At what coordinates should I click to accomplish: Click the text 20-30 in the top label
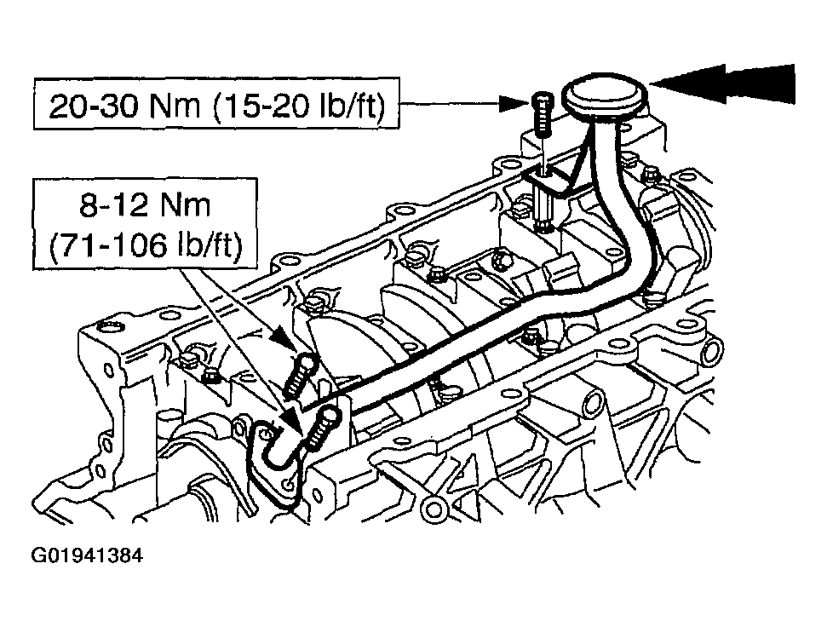tap(95, 106)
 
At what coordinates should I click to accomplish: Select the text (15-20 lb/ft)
tap(300, 106)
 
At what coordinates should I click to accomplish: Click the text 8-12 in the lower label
tap(112, 205)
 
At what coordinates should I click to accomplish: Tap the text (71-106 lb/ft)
tap(146, 244)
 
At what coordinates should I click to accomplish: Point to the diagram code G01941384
tap(87, 555)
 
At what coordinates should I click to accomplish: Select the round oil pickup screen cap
tap(606, 96)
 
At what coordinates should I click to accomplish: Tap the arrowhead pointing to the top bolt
tap(514, 104)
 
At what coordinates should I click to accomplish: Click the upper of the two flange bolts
tap(299, 375)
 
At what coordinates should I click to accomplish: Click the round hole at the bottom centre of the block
tap(434, 509)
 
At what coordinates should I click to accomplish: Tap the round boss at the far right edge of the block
tap(713, 352)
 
